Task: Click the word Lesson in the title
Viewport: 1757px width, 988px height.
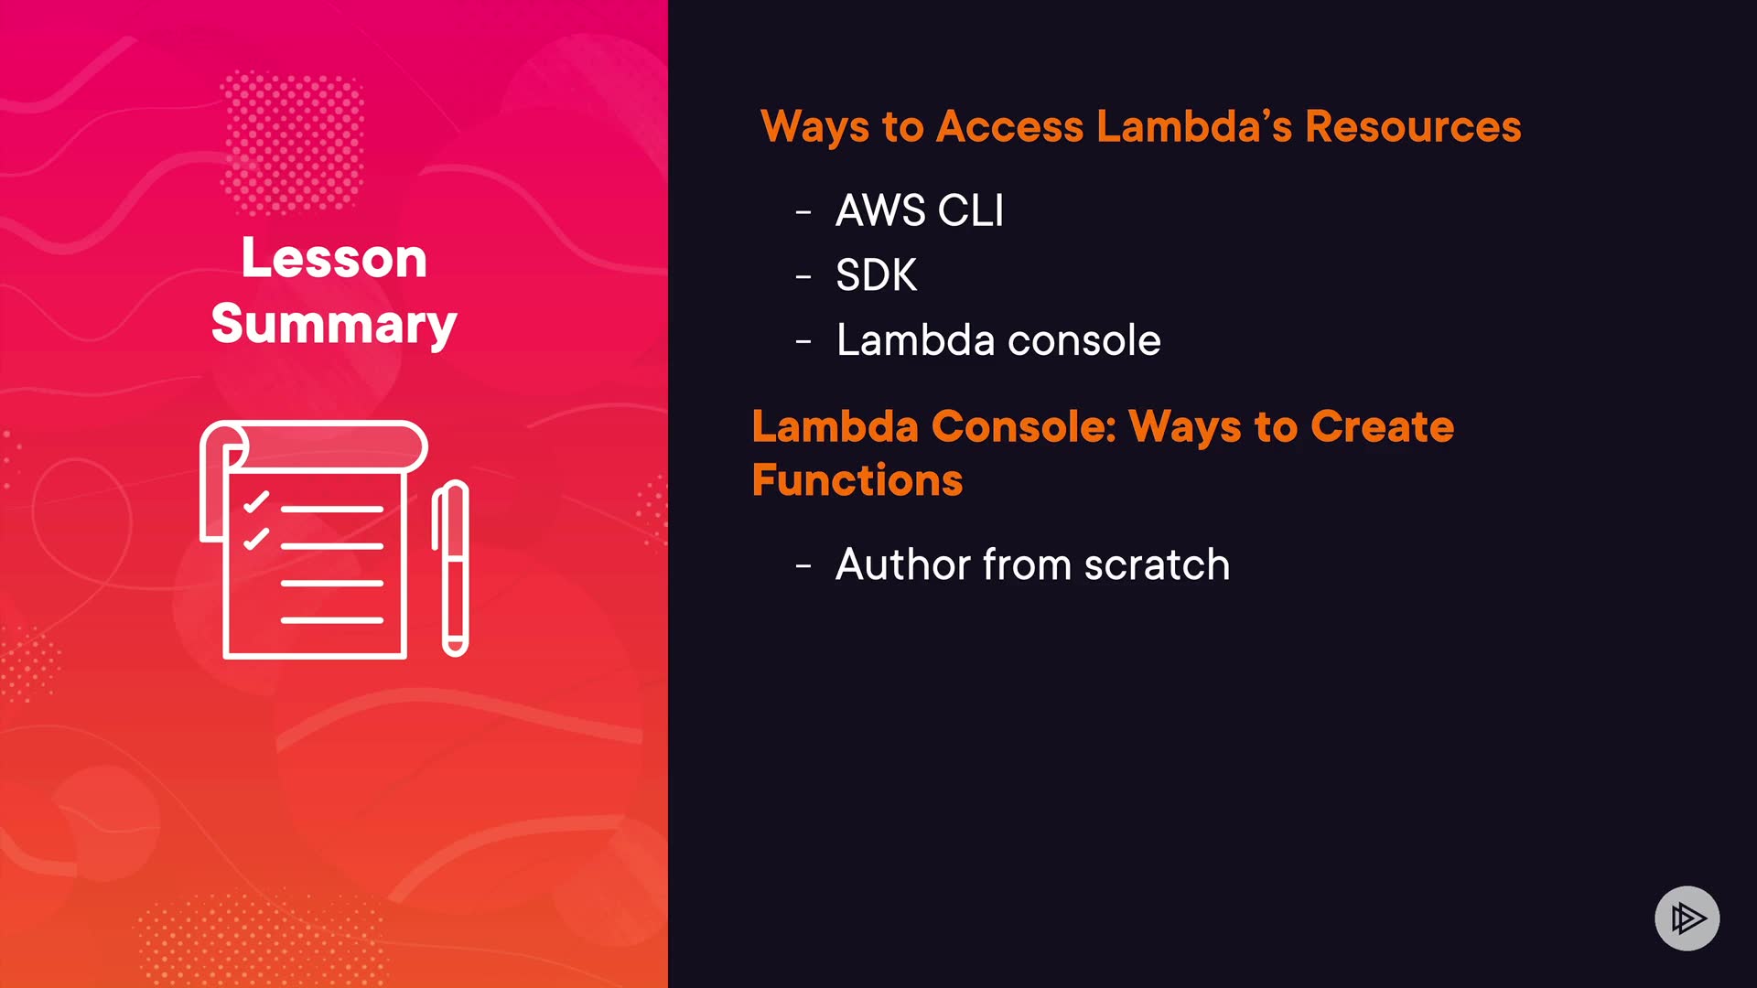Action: pyautogui.click(x=334, y=258)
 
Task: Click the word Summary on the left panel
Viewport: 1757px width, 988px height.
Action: pyautogui.click(x=334, y=324)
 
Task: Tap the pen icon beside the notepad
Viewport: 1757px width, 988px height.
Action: pyautogui.click(x=452, y=567)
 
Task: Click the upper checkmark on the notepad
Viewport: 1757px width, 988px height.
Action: pyautogui.click(x=256, y=502)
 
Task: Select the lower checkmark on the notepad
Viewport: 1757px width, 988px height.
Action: pyautogui.click(x=256, y=539)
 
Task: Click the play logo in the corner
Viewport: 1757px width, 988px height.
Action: pyautogui.click(x=1687, y=918)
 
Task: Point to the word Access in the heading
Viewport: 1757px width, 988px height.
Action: pyautogui.click(x=1009, y=126)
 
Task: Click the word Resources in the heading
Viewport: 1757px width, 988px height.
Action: pyautogui.click(x=1412, y=126)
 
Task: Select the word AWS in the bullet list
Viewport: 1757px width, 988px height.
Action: pyautogui.click(x=880, y=210)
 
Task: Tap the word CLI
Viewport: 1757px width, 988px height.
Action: pyautogui.click(x=971, y=210)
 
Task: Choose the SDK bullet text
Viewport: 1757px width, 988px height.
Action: pyautogui.click(x=876, y=275)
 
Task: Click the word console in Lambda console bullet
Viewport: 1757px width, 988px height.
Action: pyautogui.click(x=1083, y=340)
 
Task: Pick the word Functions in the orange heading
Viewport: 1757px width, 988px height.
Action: pyautogui.click(x=857, y=480)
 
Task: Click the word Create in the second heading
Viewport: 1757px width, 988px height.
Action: pyautogui.click(x=1382, y=426)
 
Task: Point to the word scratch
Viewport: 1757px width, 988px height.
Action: pyautogui.click(x=1157, y=564)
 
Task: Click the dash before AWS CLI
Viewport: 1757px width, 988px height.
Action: pyautogui.click(x=803, y=213)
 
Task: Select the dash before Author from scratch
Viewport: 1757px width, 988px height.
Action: pyautogui.click(x=803, y=567)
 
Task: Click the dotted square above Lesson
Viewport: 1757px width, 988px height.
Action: pyautogui.click(x=293, y=142)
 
